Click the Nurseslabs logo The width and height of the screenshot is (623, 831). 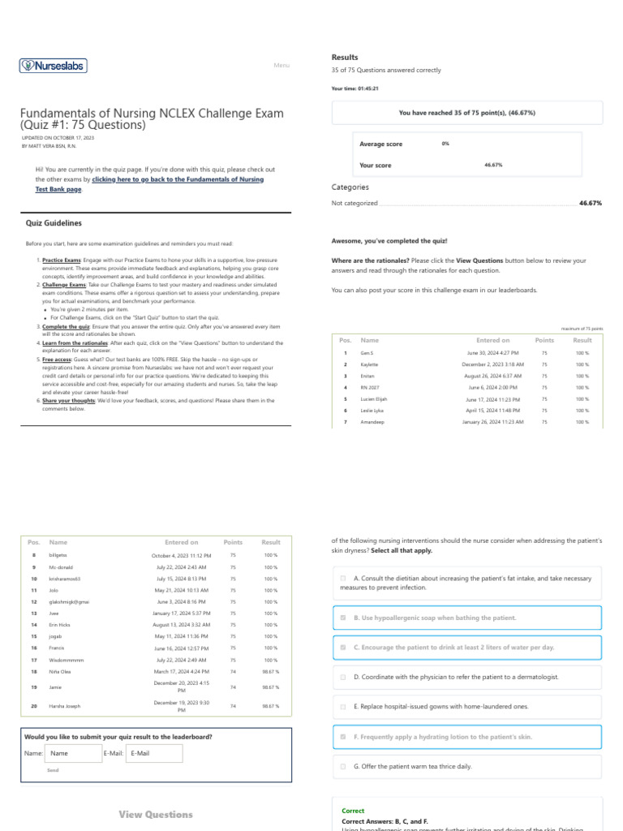54,66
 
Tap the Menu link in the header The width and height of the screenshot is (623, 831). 281,66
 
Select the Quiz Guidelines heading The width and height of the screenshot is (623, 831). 54,223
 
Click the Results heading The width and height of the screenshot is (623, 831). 345,58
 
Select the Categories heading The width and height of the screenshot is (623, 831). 350,187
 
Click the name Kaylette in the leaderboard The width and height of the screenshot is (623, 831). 369,365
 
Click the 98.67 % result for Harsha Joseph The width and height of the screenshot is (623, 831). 271,706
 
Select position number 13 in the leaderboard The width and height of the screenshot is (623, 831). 34,614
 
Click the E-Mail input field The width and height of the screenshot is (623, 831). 154,753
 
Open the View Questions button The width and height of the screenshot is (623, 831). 156,814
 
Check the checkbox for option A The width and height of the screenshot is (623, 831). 343,578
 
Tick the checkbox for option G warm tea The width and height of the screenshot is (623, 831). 343,766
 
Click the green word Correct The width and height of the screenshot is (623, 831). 353,811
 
